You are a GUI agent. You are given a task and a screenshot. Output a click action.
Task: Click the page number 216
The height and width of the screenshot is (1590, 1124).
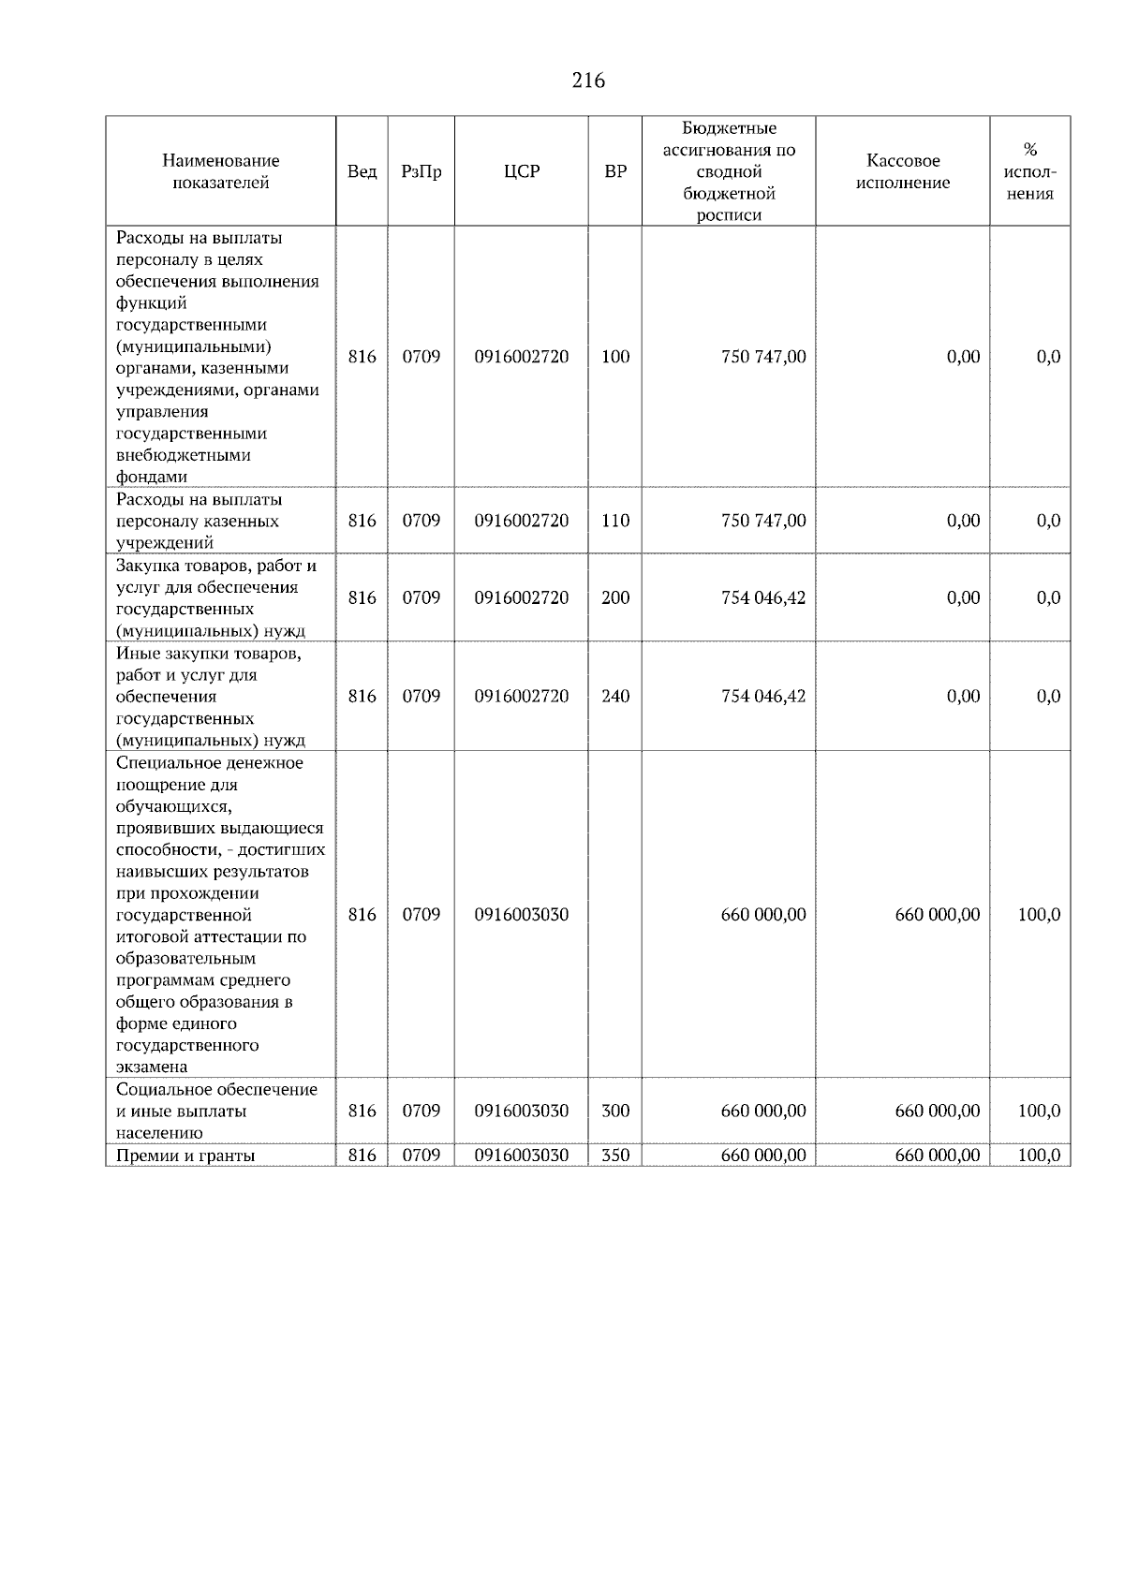[x=588, y=81]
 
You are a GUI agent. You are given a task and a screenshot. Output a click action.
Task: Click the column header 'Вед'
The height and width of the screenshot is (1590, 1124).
[x=362, y=171]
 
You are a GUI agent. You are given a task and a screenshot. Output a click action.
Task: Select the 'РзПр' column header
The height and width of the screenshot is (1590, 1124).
[x=421, y=171]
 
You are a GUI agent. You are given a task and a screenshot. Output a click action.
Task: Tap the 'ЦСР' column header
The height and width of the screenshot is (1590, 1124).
[x=522, y=171]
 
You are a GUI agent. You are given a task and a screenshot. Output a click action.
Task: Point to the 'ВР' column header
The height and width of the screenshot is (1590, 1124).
[x=615, y=171]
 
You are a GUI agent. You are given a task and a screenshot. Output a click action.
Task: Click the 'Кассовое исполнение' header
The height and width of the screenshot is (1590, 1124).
[x=902, y=171]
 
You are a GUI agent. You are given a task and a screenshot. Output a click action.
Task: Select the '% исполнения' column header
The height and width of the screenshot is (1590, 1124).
[x=1029, y=171]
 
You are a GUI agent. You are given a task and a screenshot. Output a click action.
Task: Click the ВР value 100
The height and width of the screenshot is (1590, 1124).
[x=615, y=357]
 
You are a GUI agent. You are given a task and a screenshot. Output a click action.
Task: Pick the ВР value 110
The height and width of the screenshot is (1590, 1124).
[x=615, y=521]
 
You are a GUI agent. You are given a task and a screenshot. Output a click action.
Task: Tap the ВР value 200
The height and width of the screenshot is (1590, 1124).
[x=615, y=597]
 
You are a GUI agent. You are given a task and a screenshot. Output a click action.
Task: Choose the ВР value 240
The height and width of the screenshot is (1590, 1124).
[x=615, y=696]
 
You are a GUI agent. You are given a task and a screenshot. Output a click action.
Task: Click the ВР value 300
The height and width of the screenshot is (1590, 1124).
[x=615, y=1111]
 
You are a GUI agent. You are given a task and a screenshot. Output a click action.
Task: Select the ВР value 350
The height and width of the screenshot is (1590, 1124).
[x=615, y=1156]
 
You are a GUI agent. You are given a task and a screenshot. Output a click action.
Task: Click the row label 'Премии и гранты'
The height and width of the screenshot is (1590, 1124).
[x=185, y=1156]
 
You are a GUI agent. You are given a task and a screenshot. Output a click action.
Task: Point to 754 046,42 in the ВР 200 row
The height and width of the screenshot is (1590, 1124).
[x=762, y=597]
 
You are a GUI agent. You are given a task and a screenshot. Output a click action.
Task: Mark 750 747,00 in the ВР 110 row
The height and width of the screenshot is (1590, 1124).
[x=762, y=521]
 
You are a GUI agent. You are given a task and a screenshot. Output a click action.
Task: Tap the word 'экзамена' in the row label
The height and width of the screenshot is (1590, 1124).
[x=152, y=1067]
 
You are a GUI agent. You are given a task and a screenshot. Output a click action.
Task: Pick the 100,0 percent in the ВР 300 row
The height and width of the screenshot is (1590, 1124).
[x=1039, y=1111]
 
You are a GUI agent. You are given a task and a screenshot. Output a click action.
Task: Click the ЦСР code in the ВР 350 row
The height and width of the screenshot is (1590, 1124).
[x=522, y=1156]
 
